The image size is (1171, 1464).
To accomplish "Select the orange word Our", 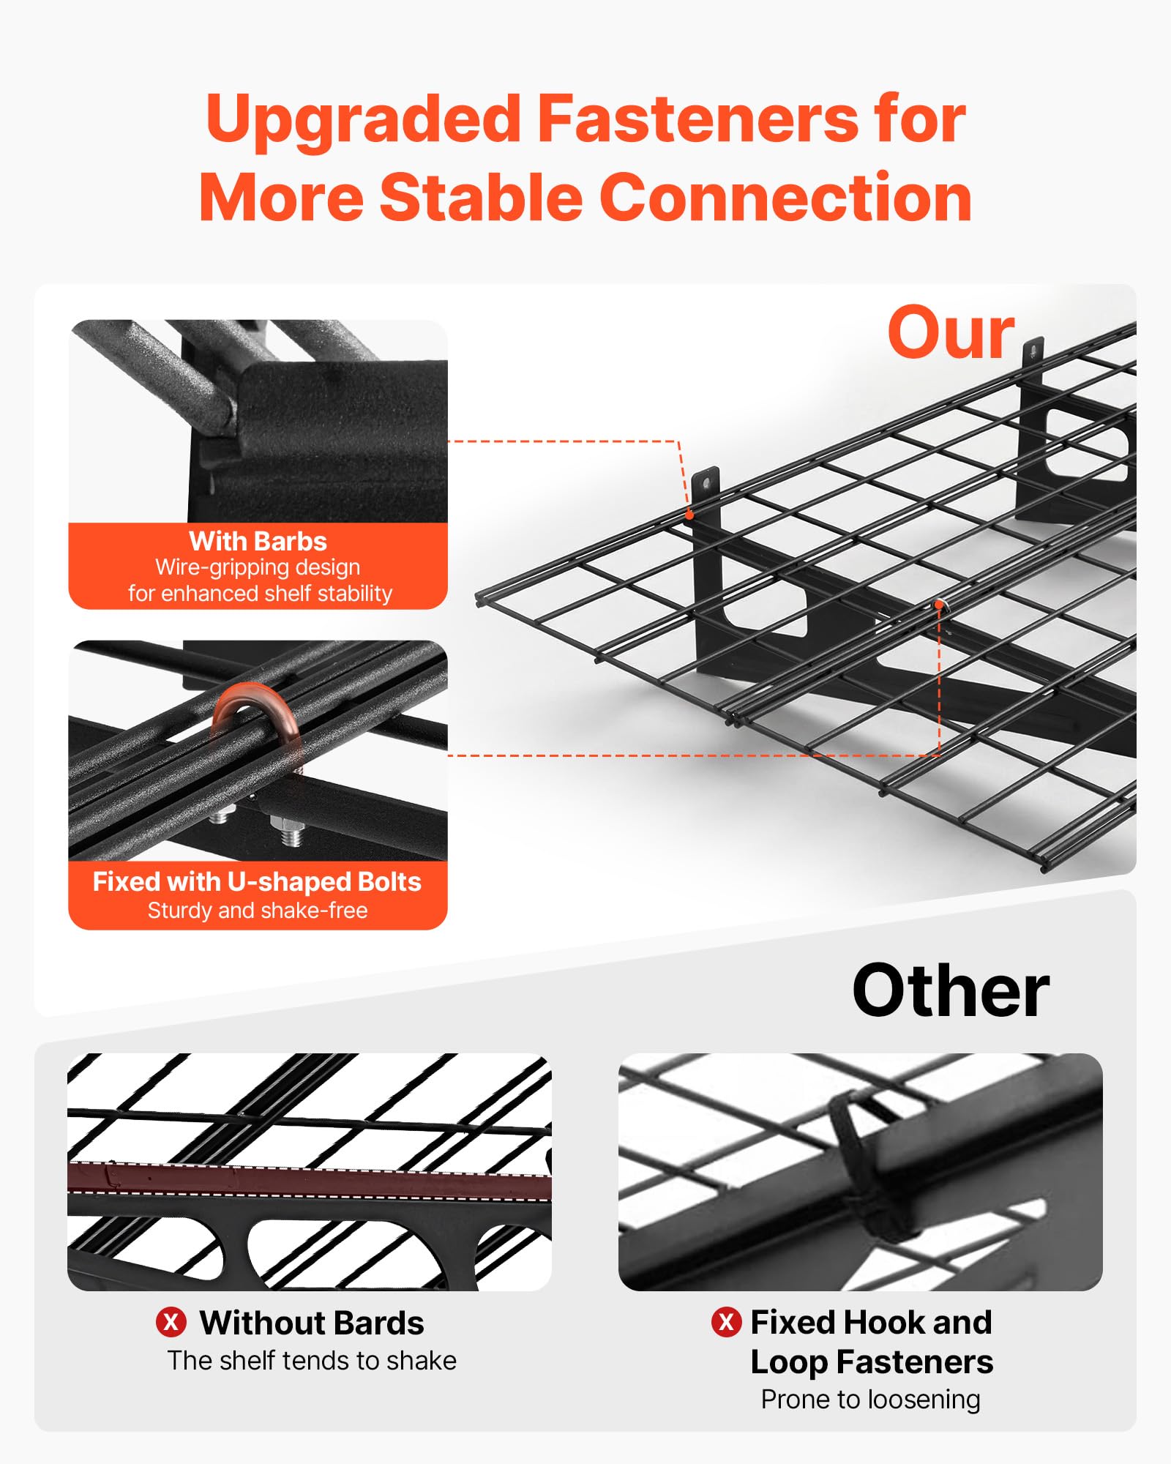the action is [951, 333].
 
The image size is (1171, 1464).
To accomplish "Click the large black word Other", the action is [951, 990].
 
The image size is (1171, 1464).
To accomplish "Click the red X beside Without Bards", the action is [171, 1322].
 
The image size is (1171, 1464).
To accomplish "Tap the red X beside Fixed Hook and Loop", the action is [726, 1321].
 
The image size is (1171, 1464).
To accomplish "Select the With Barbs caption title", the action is [258, 541].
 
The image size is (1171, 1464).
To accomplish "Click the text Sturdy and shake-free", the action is [258, 910].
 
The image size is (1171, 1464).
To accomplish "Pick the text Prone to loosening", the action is [870, 1399].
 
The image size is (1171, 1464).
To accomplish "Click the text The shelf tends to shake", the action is [312, 1360].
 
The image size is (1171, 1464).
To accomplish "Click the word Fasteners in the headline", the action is [697, 119].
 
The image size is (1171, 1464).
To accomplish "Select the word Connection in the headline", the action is [786, 197].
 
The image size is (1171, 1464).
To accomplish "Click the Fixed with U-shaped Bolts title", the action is [257, 881].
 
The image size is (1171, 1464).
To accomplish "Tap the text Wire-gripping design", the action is [258, 567].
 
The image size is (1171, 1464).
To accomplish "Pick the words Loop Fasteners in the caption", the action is [872, 1362].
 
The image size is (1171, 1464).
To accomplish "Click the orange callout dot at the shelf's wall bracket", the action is [689, 515].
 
